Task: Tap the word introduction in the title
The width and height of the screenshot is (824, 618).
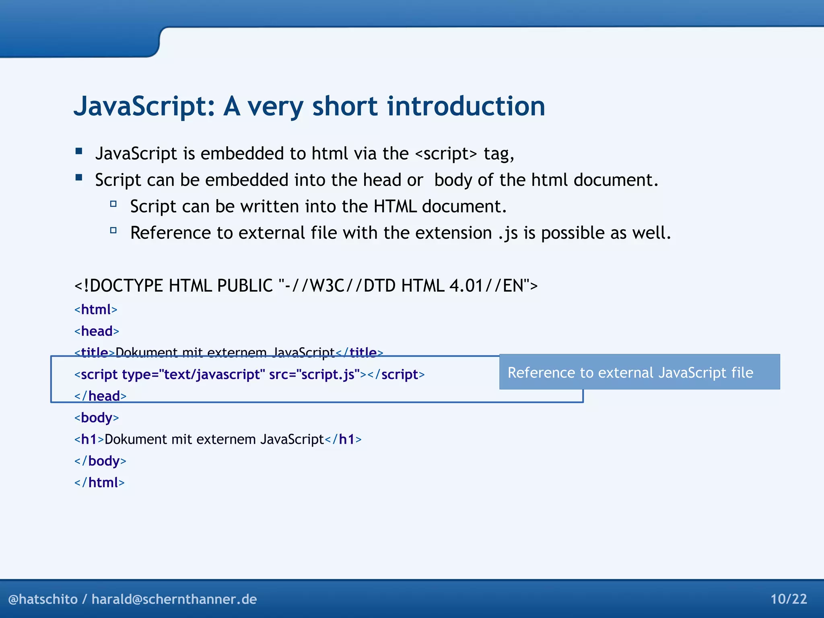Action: (466, 107)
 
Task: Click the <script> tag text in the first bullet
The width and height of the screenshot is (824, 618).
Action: (446, 154)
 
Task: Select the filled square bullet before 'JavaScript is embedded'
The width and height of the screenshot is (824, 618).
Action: (79, 151)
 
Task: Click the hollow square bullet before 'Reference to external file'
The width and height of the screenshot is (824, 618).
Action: (113, 231)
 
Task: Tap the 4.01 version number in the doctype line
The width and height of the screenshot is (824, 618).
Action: (466, 286)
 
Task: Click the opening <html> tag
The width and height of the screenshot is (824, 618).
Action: (96, 310)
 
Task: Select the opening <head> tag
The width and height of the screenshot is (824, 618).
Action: (97, 332)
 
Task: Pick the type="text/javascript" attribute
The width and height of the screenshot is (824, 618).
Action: (193, 375)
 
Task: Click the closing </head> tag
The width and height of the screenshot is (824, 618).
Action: (100, 396)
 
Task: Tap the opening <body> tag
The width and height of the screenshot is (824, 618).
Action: (97, 418)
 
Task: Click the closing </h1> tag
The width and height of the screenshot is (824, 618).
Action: (343, 439)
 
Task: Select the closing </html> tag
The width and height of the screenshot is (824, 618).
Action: (99, 483)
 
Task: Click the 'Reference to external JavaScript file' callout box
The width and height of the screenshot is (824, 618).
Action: (639, 372)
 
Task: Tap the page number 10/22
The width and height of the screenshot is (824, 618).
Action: (789, 599)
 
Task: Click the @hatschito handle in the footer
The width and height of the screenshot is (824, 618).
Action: (43, 599)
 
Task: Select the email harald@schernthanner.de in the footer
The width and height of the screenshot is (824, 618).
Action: (174, 599)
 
